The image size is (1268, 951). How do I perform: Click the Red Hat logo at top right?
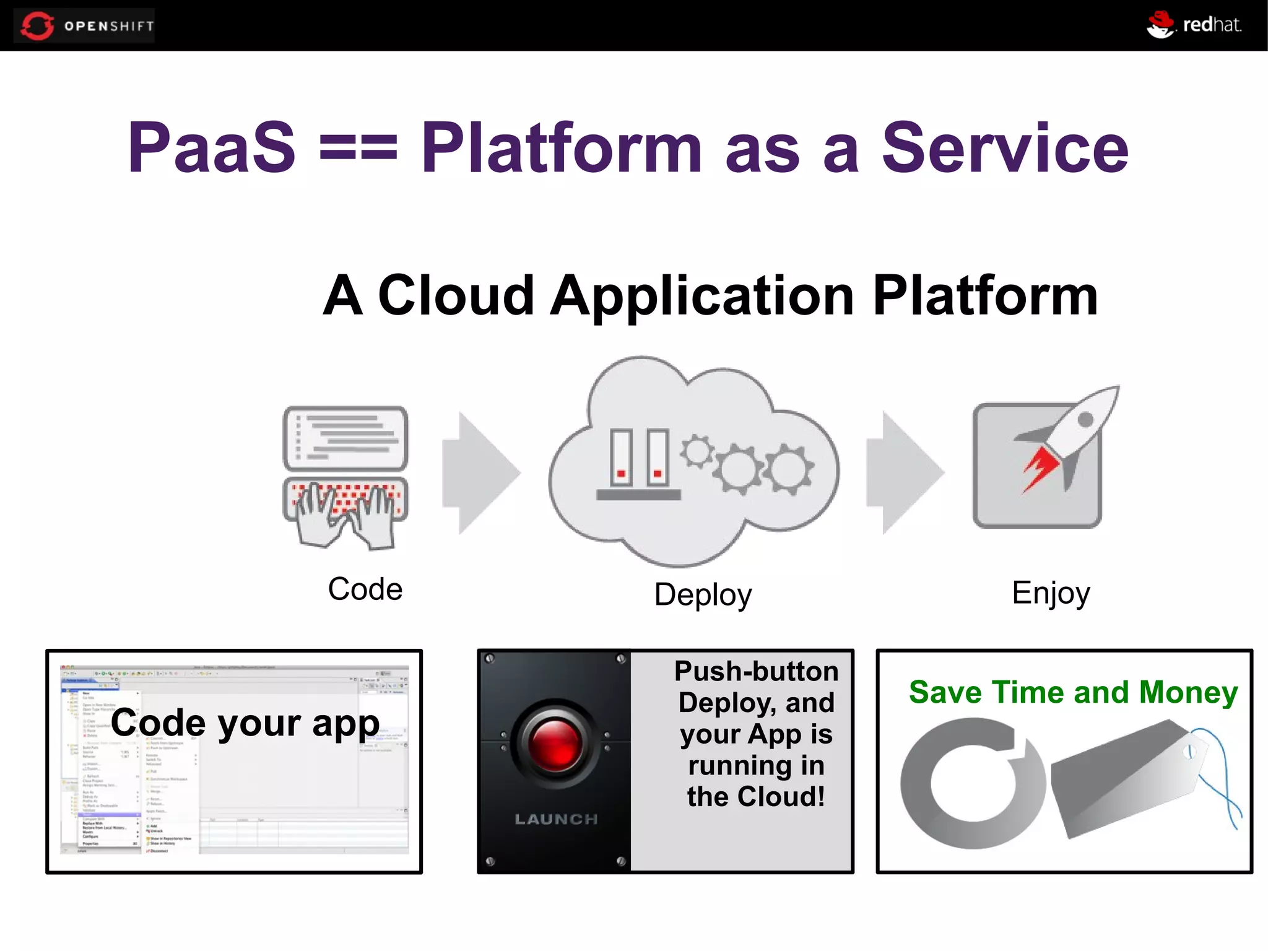1194,25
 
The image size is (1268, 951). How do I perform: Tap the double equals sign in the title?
358,149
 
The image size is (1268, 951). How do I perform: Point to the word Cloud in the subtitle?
456,295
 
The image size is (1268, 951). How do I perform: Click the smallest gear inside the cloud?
697,451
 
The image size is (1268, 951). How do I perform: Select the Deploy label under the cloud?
703,594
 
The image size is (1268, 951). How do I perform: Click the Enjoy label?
1051,593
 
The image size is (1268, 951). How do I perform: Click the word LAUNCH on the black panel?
556,819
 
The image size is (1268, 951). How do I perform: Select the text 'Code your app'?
245,723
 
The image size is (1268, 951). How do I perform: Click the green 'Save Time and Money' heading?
1073,692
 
